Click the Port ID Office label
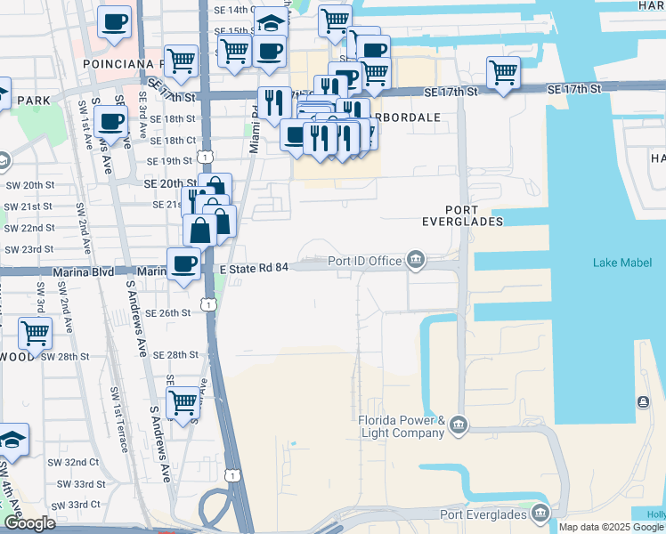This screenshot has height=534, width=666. (x=364, y=261)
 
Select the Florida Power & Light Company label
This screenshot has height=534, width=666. (x=401, y=426)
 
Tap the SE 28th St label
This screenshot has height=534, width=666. (x=174, y=354)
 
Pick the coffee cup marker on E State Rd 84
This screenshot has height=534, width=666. (x=183, y=263)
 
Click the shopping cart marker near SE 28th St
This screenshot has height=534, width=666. (x=183, y=401)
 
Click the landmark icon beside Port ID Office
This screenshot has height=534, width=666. (x=415, y=260)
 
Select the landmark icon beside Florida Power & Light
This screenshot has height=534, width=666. (x=459, y=422)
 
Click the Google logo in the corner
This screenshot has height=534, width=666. (x=29, y=524)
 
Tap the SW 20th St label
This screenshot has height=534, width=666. (x=29, y=184)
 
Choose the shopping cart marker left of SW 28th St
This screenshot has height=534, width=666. (x=35, y=334)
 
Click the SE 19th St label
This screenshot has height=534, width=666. (x=170, y=161)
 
